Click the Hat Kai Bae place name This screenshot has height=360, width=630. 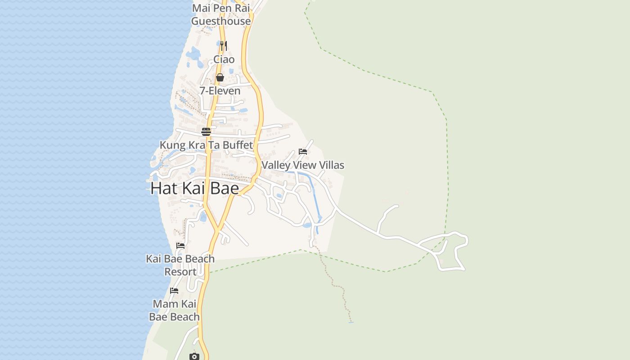(x=194, y=188)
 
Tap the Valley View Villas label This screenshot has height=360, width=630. (x=302, y=165)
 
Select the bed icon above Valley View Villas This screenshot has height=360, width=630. (x=303, y=152)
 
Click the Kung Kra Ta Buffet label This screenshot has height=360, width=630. (x=206, y=145)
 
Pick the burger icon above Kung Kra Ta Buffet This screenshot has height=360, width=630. (x=206, y=132)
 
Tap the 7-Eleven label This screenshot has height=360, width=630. (x=220, y=91)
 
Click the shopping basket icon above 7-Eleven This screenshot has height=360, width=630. (x=220, y=77)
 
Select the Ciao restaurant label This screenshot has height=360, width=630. (x=224, y=59)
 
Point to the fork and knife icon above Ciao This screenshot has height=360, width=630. (x=223, y=45)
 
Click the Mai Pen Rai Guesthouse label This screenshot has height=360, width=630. (x=221, y=14)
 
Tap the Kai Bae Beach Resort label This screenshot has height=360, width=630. (x=180, y=265)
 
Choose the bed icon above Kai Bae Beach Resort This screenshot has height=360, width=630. (x=180, y=246)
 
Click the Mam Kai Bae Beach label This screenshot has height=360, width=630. (x=174, y=310)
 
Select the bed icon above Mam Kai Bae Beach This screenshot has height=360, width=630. (x=174, y=291)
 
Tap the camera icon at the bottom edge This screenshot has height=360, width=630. (x=194, y=356)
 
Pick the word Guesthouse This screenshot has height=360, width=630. (x=221, y=21)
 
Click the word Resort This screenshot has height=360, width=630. (x=180, y=272)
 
